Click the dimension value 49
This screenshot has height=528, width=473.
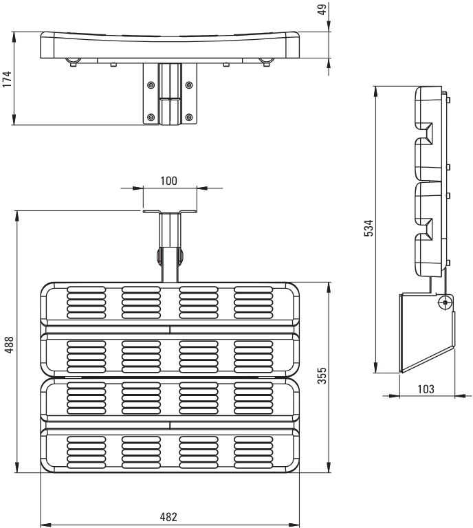pyautogui.click(x=322, y=10)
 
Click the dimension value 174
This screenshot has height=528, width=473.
pyautogui.click(x=7, y=79)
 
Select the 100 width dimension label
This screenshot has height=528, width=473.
pyautogui.click(x=168, y=181)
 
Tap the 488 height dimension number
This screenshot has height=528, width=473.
pyautogui.click(x=9, y=344)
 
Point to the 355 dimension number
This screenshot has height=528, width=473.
pyautogui.click(x=322, y=375)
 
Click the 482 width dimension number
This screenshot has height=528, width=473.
pyautogui.click(x=168, y=516)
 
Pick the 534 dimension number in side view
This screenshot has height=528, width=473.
pyautogui.click(x=369, y=228)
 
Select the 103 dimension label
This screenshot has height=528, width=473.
pyautogui.click(x=426, y=389)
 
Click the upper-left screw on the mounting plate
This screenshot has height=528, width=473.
pyautogui.click(x=151, y=85)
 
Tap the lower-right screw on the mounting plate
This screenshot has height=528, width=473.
pyautogui.click(x=189, y=117)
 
